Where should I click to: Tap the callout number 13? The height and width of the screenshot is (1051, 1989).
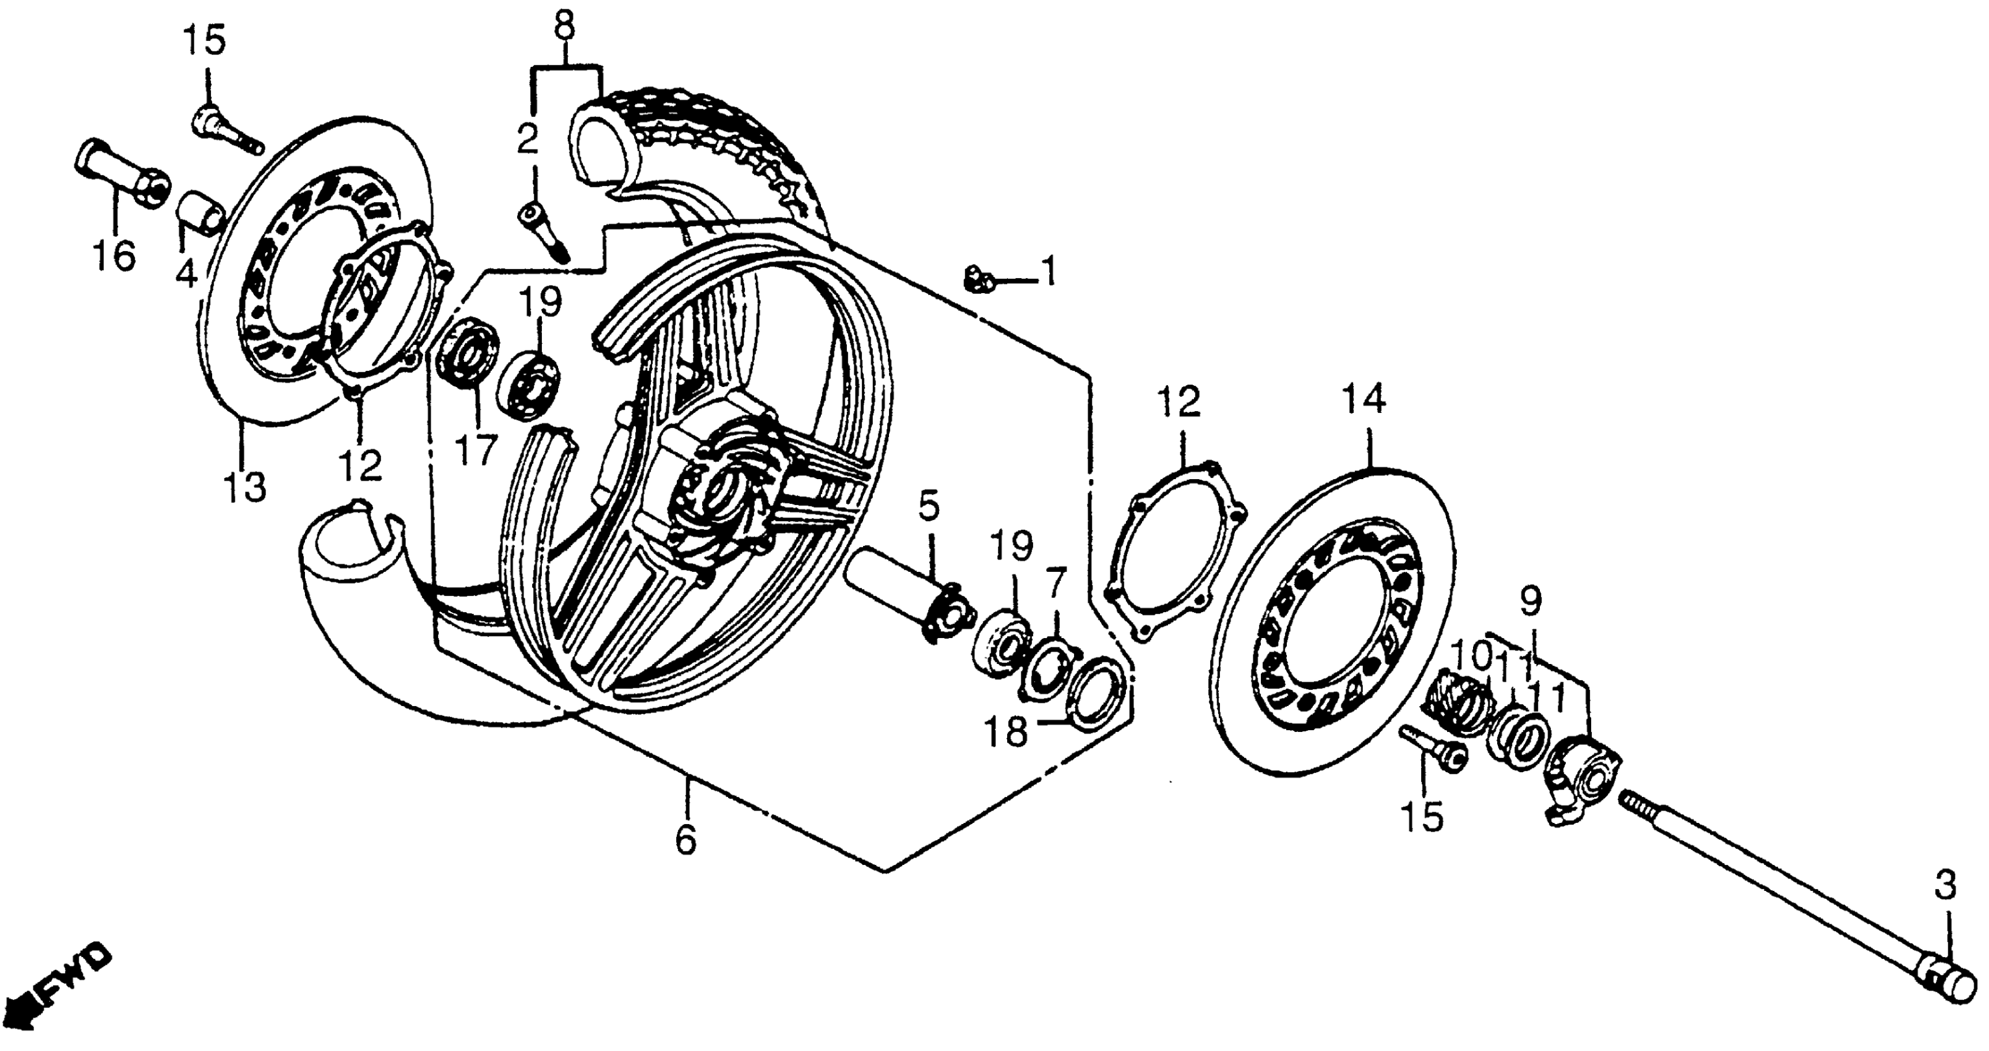(x=245, y=487)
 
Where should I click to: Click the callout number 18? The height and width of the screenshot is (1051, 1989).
(x=1007, y=731)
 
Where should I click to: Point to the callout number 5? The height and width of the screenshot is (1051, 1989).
(x=929, y=506)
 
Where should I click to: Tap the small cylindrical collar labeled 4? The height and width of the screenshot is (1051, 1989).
(x=202, y=214)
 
